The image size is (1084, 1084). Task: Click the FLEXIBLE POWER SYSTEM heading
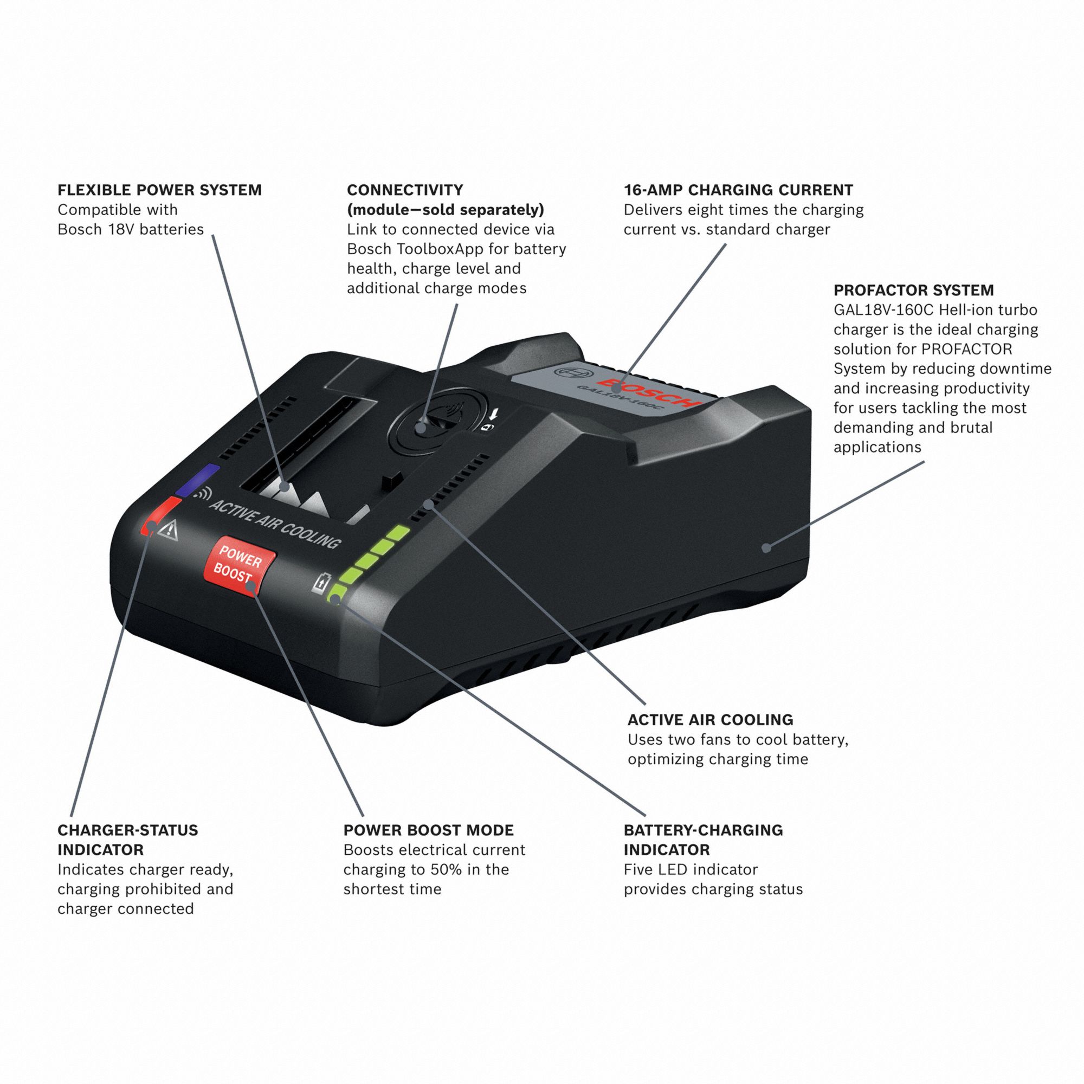pyautogui.click(x=159, y=190)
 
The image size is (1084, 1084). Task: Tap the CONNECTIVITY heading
pyautogui.click(x=404, y=190)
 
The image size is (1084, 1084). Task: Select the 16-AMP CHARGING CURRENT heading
pyautogui.click(x=738, y=190)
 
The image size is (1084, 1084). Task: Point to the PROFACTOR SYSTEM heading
pyautogui.click(x=913, y=290)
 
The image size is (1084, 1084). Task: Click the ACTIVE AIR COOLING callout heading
pyautogui.click(x=710, y=719)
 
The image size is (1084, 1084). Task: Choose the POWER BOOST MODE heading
pyautogui.click(x=428, y=830)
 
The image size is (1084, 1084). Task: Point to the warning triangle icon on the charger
pyautogui.click(x=169, y=529)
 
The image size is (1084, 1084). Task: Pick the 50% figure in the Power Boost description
pyautogui.click(x=447, y=869)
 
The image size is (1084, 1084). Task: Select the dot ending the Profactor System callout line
pyautogui.click(x=766, y=547)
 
